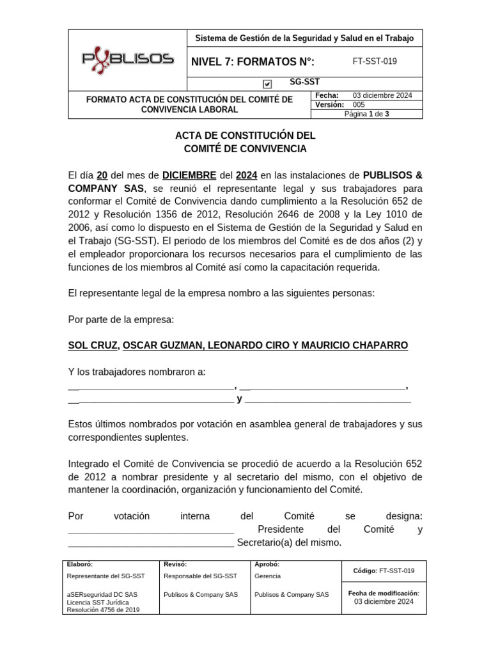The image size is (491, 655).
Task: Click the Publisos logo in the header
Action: [127, 59]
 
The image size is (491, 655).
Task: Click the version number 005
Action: [359, 104]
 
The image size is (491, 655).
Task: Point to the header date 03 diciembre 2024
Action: [382, 95]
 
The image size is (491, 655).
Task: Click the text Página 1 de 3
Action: [366, 114]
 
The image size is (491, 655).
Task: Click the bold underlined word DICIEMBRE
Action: [189, 175]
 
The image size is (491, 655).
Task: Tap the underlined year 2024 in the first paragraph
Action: [246, 175]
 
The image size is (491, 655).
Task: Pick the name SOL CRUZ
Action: [93, 345]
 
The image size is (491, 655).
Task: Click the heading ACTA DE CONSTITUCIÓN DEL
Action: [245, 136]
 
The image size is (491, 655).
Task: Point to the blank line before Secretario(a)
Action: [151, 544]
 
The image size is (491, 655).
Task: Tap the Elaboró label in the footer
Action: [79, 564]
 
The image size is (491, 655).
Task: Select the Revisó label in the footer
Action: [175, 564]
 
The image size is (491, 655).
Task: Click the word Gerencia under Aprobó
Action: [267, 576]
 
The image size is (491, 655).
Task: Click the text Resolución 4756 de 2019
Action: [103, 610]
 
